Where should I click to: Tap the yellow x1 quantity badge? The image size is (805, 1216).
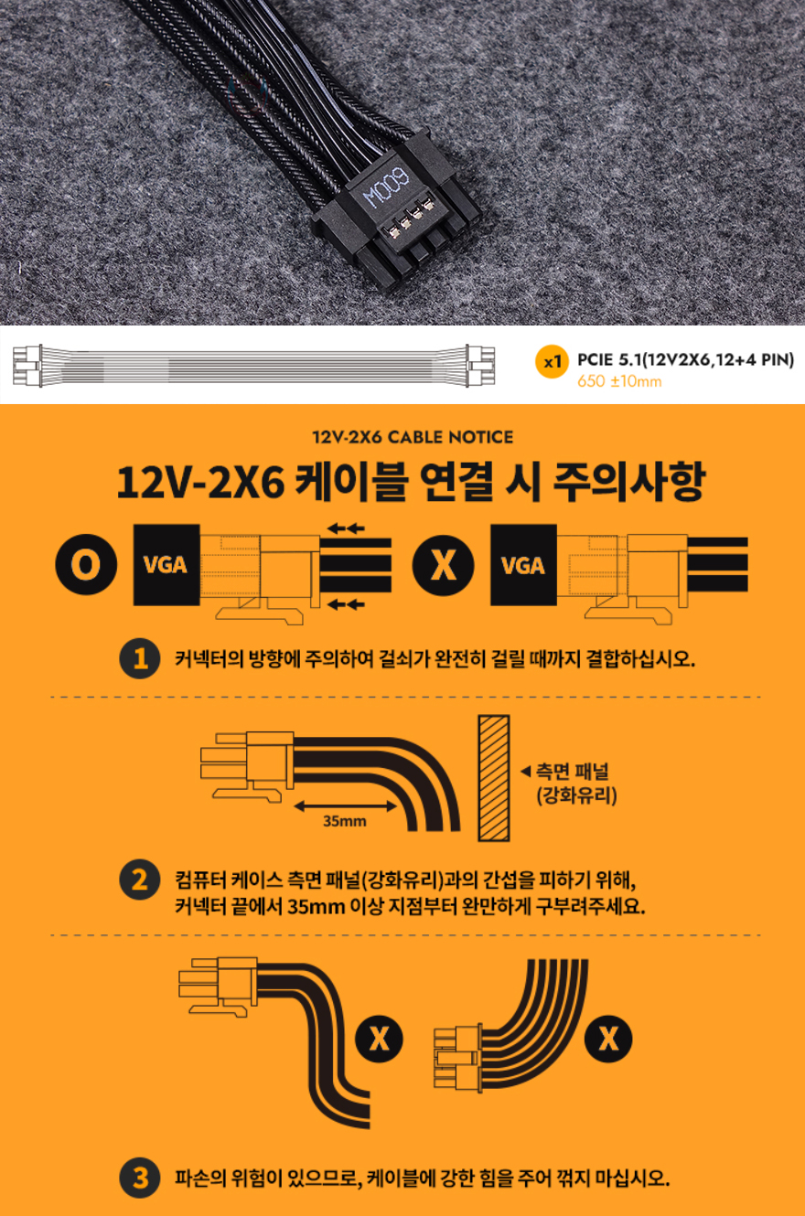point(552,361)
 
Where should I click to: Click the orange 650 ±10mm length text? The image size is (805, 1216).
point(619,381)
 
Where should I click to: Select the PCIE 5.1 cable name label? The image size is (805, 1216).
point(685,359)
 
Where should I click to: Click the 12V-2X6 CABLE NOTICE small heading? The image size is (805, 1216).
point(413,437)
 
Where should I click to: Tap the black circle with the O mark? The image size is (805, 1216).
point(86,564)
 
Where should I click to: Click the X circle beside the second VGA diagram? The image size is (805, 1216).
point(443,565)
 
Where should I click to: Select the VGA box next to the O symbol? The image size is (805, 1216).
point(166,565)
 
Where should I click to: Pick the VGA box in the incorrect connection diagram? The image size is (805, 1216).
point(523,565)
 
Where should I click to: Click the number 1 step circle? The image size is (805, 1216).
point(140,659)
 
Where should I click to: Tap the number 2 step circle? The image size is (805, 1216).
point(140,880)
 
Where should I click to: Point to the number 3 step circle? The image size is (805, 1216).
point(140,1178)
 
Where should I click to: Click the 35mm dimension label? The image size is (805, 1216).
point(345,821)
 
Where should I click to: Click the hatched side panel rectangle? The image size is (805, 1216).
point(494,778)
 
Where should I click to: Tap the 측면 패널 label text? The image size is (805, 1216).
point(572,772)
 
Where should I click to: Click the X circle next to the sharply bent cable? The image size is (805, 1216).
point(379,1039)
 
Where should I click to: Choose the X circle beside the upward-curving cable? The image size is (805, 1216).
point(607,1039)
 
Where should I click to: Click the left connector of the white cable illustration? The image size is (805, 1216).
point(27,366)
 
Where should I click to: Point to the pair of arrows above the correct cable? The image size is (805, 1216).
point(346,528)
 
